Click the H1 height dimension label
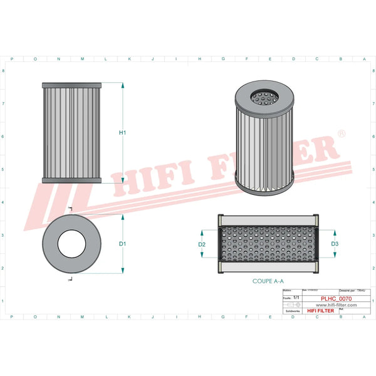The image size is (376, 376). tap(123, 133)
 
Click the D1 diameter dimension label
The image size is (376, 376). tap(123, 243)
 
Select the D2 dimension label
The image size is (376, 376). tap(202, 244)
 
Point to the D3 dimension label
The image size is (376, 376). tap(335, 244)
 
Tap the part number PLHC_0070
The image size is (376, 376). tap(339, 299)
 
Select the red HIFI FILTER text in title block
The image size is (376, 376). tap(320, 310)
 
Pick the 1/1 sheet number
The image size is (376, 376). tap(296, 298)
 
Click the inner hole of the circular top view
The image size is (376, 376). tap(71, 243)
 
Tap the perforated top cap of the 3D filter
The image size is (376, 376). tap(266, 98)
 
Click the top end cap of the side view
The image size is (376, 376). tap(71, 85)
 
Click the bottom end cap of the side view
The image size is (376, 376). tap(71, 180)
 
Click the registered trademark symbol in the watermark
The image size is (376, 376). tap(341, 133)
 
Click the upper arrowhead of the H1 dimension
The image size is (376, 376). tap(123, 86)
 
